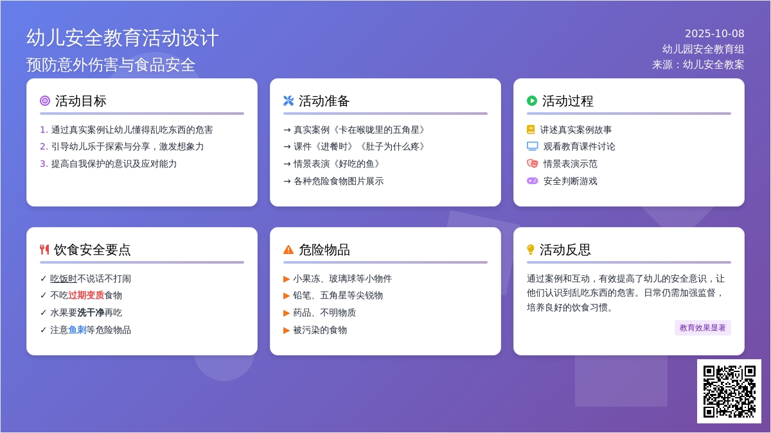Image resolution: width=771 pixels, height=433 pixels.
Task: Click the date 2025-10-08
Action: (714, 33)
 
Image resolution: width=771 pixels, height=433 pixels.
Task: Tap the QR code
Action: (729, 391)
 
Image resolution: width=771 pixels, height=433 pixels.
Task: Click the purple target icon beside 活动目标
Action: (45, 101)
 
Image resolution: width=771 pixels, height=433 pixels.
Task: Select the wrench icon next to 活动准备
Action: (288, 101)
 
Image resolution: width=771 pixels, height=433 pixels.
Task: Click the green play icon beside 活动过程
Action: (532, 101)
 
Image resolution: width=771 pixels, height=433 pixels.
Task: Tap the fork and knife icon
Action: (44, 250)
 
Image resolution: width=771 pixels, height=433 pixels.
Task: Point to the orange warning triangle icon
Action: (288, 250)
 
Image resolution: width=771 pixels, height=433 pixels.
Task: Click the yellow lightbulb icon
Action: (531, 250)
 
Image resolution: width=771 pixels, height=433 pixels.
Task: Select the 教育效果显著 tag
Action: (702, 328)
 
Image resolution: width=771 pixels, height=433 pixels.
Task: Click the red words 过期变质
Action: (86, 295)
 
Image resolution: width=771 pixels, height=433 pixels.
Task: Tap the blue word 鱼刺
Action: (77, 330)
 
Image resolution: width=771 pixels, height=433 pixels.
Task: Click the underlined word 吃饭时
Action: (64, 278)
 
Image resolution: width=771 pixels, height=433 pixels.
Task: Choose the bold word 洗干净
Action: (91, 312)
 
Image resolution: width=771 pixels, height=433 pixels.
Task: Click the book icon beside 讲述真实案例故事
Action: (531, 130)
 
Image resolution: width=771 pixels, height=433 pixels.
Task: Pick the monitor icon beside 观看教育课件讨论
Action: (533, 146)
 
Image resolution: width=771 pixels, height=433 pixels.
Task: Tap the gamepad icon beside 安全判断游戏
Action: (533, 181)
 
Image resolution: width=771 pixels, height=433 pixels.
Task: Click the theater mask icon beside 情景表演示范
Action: (533, 164)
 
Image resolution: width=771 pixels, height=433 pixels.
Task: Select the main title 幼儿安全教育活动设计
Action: (123, 38)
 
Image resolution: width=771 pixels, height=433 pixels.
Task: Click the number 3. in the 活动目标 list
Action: (44, 164)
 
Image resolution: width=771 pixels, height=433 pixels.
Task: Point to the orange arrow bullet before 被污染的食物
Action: (287, 330)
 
